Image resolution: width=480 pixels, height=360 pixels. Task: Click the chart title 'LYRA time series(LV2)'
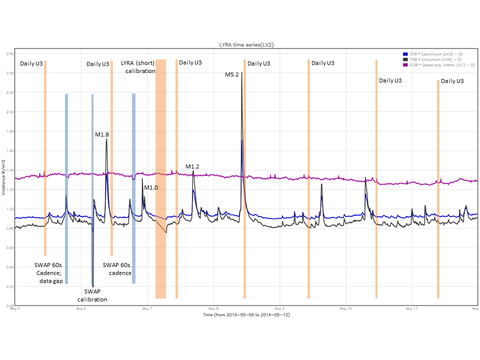246,45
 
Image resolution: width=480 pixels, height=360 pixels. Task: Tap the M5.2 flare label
231,74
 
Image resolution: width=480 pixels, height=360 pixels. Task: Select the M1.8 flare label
102,134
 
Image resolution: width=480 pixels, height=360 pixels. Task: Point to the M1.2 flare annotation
192,166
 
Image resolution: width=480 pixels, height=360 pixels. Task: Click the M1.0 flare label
151,187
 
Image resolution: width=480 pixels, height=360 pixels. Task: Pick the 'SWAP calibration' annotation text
92,295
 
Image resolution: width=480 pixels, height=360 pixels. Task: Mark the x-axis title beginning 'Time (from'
246,315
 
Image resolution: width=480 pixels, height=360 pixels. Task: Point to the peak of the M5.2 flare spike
242,72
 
